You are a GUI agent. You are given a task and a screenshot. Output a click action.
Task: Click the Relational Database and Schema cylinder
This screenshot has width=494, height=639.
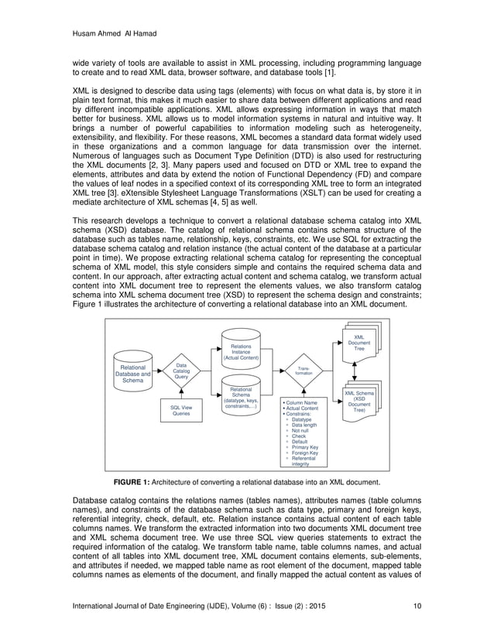pyautogui.click(x=133, y=372)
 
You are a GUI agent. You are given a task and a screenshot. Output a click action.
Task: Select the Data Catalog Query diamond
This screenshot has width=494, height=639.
pyautogui.click(x=180, y=371)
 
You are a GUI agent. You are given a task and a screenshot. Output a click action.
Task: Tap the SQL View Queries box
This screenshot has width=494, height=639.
pyautogui.click(x=180, y=410)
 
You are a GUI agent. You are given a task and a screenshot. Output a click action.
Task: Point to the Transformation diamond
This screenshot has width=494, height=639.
pyautogui.click(x=304, y=371)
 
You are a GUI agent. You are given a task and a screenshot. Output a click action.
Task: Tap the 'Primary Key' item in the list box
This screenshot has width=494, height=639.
pyautogui.click(x=304, y=447)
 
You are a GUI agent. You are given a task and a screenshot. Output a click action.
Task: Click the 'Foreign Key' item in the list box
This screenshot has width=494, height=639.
pyautogui.click(x=304, y=453)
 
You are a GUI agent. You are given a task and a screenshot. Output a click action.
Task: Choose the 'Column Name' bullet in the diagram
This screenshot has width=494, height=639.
pyautogui.click(x=301, y=403)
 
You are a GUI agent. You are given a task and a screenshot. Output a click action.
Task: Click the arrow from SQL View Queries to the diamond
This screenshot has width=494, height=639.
pyautogui.click(x=180, y=393)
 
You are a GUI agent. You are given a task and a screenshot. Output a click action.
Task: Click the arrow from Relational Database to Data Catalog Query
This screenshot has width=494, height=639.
pyautogui.click(x=157, y=371)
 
